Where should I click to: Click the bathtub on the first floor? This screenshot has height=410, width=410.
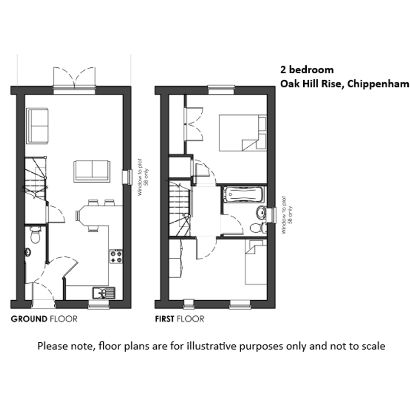[244, 194]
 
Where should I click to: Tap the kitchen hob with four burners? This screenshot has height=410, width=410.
[116, 256]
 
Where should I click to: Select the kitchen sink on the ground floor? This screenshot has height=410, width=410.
[104, 292]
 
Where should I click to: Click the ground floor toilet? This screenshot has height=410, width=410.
[35, 235]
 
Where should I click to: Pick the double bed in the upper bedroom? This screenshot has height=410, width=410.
[243, 133]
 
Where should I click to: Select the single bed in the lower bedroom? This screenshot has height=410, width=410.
[256, 262]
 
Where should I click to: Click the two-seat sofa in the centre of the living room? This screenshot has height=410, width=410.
[92, 171]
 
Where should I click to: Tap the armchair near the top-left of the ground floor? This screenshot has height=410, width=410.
[37, 125]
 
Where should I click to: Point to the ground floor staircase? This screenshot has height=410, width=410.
[36, 177]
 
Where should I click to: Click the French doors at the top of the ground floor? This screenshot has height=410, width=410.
[74, 78]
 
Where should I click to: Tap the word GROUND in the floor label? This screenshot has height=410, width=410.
[29, 319]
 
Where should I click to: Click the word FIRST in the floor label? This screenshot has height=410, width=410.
[164, 319]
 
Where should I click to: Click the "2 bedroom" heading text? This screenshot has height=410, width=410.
[307, 69]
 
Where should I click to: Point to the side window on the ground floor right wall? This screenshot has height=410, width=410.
[128, 177]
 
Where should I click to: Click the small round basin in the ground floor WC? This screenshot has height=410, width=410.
[27, 253]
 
